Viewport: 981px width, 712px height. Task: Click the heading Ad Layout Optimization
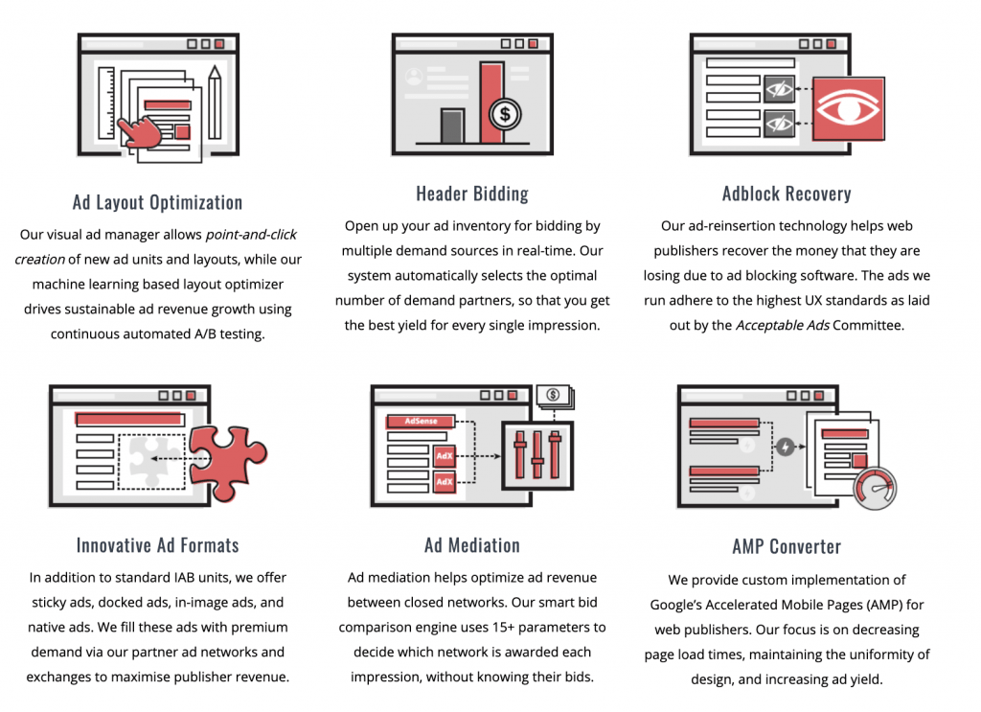tap(158, 202)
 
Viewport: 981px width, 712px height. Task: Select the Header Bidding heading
tap(472, 194)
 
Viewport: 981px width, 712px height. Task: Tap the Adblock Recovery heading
tap(787, 194)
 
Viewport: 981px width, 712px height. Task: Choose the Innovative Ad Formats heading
tap(158, 545)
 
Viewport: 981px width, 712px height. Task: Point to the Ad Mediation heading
tap(472, 545)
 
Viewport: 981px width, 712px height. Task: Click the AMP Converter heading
tap(787, 547)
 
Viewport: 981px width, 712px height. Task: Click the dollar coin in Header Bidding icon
tap(505, 116)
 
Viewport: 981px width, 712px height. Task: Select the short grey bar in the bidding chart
tap(452, 126)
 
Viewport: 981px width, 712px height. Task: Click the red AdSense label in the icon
tap(420, 422)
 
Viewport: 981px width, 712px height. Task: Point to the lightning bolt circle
tap(786, 447)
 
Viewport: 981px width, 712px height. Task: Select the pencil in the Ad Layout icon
tap(214, 105)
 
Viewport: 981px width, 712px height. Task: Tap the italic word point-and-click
tap(251, 235)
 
